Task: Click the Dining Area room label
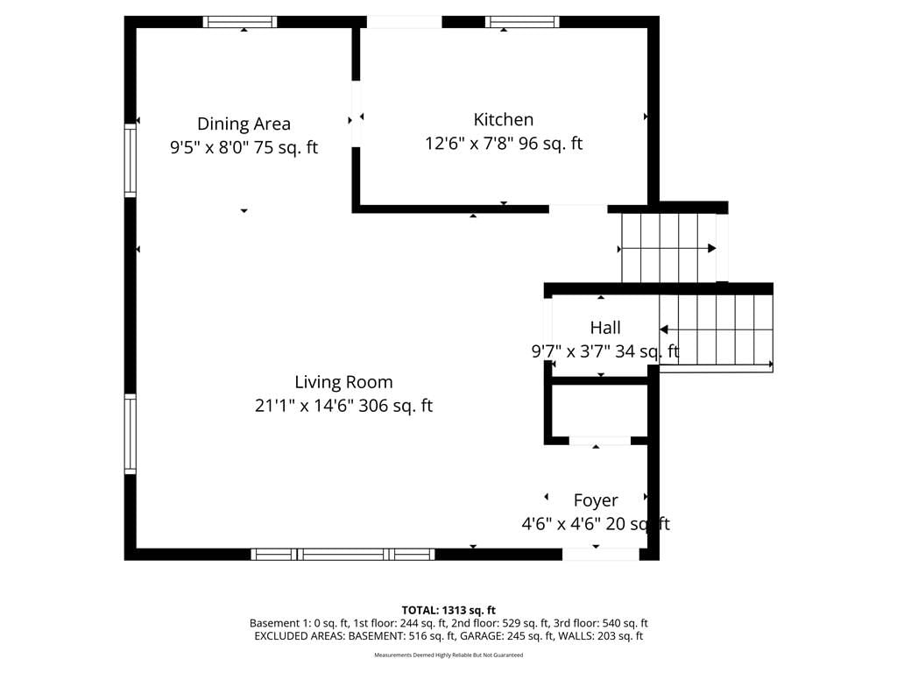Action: (244, 124)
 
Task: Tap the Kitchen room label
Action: (504, 119)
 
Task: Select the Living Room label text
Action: (343, 382)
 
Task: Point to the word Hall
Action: (605, 328)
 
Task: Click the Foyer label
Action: (596, 500)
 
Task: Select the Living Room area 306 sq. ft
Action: (395, 406)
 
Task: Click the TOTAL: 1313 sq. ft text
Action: (448, 610)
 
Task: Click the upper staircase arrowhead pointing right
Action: (711, 248)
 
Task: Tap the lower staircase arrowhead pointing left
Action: (664, 329)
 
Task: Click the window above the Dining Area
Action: (240, 22)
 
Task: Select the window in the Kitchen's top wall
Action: (522, 22)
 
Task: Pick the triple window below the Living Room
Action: (343, 554)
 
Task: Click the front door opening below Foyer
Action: (601, 554)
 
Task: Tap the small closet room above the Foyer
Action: (599, 409)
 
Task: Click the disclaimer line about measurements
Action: (448, 655)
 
